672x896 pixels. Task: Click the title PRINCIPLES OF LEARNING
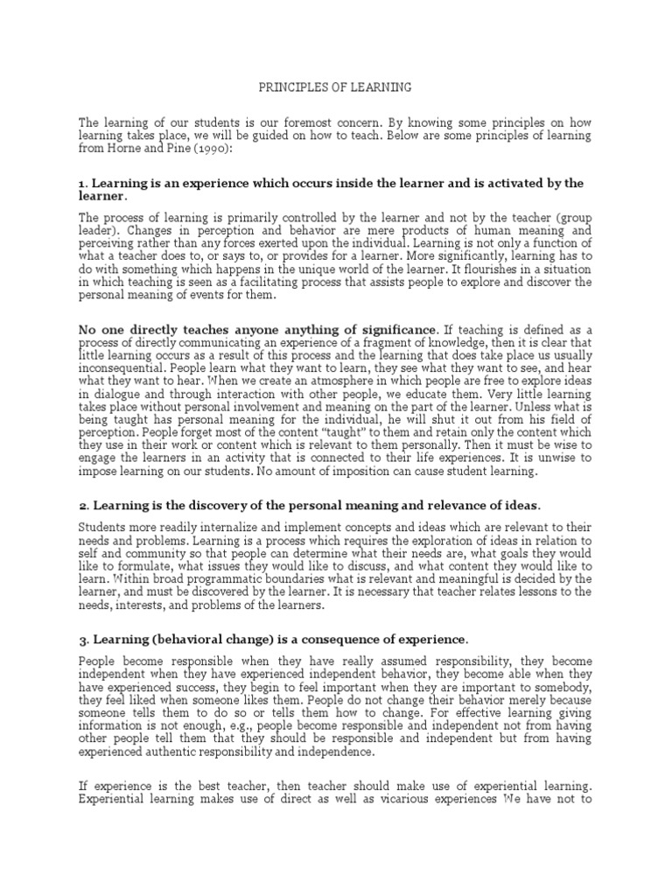pyautogui.click(x=335, y=88)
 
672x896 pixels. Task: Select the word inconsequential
pyautogui.click(x=120, y=368)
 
